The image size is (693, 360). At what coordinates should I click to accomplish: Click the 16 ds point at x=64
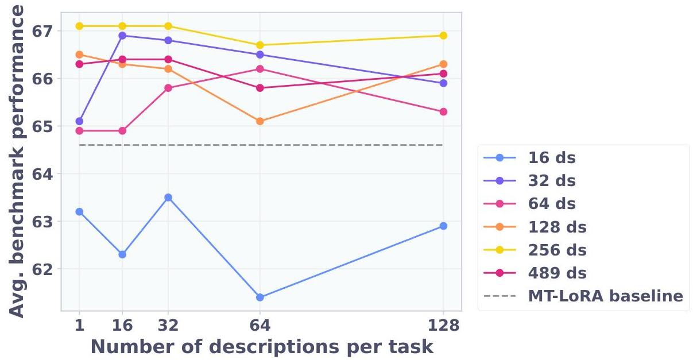tap(260, 297)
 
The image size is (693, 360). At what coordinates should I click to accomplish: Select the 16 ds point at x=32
tap(168, 198)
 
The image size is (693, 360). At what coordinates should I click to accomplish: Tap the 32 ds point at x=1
tap(79, 121)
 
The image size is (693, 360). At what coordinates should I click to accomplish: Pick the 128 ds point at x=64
tap(260, 121)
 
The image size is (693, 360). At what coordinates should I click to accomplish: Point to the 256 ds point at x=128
tap(443, 36)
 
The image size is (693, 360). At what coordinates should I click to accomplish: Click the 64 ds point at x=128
tap(443, 111)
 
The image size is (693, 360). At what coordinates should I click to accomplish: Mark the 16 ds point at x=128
tap(443, 226)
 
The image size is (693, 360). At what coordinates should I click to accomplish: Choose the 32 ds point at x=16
tap(122, 36)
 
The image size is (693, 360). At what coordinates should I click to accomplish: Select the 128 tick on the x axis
tap(443, 326)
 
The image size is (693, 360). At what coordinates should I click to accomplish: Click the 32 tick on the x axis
tap(168, 326)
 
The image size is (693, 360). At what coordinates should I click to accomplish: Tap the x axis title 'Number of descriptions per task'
tap(261, 347)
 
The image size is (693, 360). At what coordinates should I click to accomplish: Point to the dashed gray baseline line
tap(344, 145)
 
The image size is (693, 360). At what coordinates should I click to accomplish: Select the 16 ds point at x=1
tap(79, 212)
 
